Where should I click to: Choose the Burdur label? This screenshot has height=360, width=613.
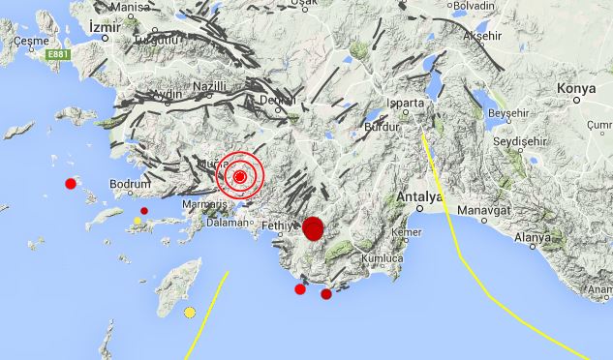(x=380, y=127)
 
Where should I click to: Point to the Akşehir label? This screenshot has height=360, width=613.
(x=485, y=36)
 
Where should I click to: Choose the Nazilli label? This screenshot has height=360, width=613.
(x=208, y=86)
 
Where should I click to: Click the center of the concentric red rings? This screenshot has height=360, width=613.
(x=240, y=177)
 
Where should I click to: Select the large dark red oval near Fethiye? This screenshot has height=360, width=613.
(x=313, y=228)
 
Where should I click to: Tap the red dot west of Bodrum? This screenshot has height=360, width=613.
(x=70, y=183)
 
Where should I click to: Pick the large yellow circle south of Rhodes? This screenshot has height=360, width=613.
(x=190, y=312)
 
